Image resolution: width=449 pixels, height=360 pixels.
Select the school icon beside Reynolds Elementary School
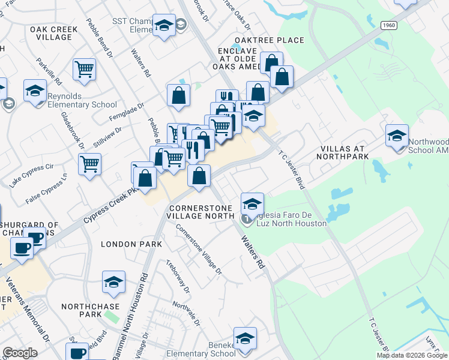[35, 91]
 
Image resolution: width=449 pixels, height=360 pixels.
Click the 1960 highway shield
[387, 25]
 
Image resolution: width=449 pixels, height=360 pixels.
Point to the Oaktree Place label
[269, 40]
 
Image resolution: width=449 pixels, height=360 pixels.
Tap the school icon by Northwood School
[397, 136]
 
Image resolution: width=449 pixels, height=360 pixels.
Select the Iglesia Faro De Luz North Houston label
[285, 219]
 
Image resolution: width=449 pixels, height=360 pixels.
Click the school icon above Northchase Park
[113, 283]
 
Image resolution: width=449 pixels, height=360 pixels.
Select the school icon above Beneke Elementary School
[245, 338]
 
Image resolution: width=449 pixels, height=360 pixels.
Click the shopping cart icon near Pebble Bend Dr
[85, 69]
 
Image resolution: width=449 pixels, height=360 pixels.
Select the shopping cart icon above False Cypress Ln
[89, 163]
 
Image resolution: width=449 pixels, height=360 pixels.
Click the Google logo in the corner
[20, 353]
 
